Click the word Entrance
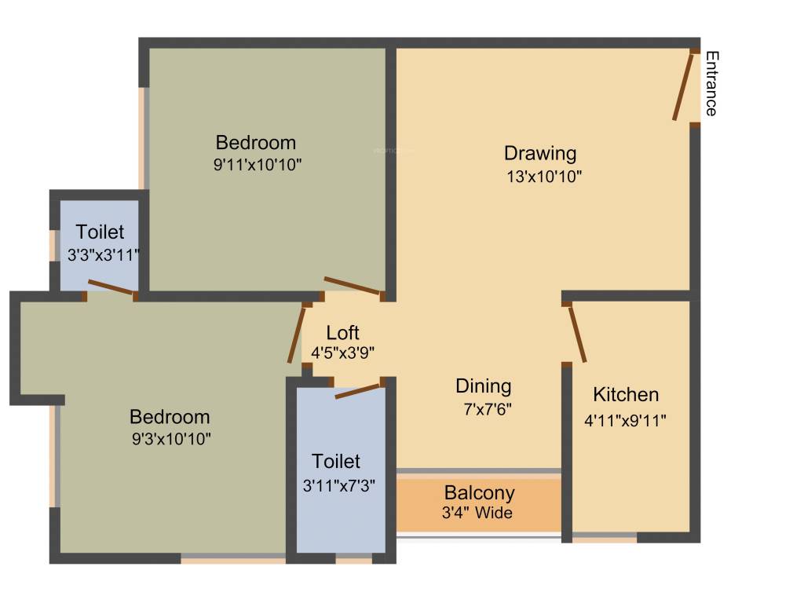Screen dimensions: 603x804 click(x=711, y=83)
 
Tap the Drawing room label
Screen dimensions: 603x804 click(x=540, y=152)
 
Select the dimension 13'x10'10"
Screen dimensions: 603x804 click(x=543, y=177)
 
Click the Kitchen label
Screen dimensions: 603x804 click(x=626, y=394)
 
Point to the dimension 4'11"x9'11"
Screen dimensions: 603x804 click(x=626, y=419)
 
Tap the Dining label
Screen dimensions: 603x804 click(x=484, y=386)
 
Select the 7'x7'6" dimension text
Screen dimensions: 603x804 click(x=488, y=409)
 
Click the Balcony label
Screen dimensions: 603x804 click(x=480, y=493)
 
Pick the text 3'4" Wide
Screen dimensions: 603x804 click(x=477, y=513)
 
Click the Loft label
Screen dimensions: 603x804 click(x=343, y=332)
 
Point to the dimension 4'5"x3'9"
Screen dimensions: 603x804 click(x=342, y=353)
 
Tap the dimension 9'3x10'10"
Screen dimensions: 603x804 click(x=171, y=438)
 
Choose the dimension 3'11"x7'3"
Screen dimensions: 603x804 click(x=338, y=484)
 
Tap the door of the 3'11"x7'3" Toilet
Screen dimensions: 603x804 click(x=359, y=390)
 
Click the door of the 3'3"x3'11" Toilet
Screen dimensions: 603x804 click(x=111, y=287)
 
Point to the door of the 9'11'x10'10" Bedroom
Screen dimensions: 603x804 click(x=353, y=287)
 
